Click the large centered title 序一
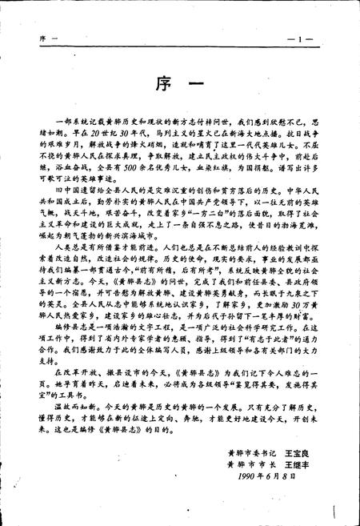180,82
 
